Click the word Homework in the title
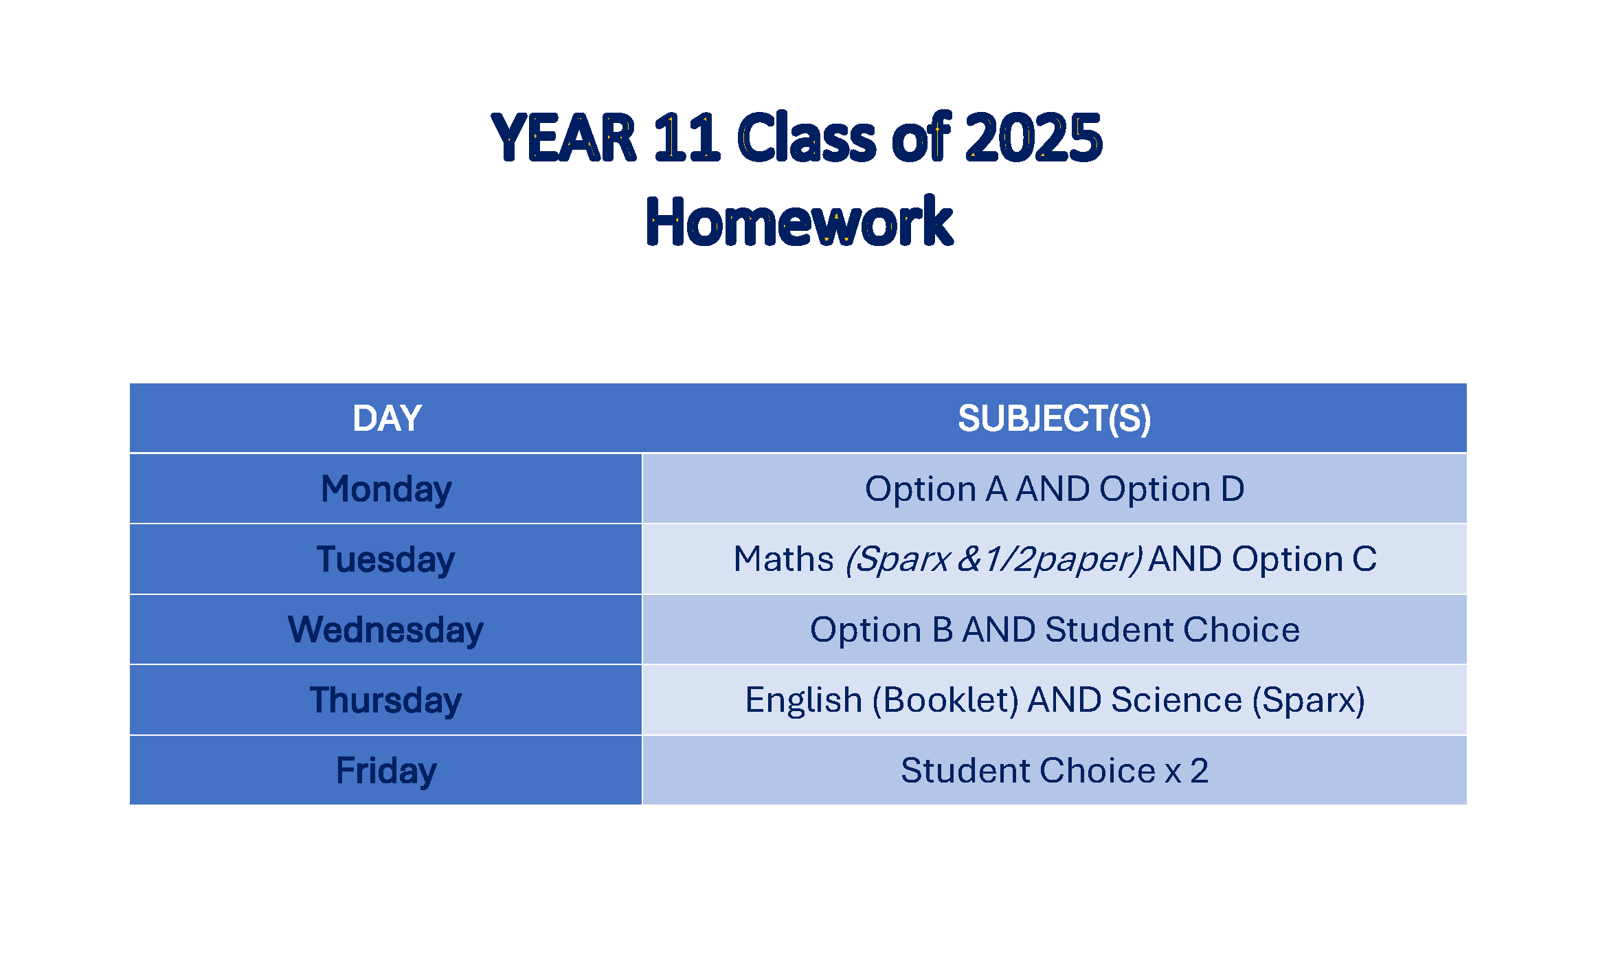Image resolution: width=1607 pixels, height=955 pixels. tap(799, 222)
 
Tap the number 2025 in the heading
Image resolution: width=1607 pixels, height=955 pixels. tap(1033, 138)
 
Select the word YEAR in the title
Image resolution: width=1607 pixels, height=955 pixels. tap(563, 138)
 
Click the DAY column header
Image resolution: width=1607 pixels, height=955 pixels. tap(387, 418)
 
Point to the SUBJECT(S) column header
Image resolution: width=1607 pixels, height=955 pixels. tap(1054, 418)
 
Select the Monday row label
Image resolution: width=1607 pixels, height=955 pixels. tap(386, 489)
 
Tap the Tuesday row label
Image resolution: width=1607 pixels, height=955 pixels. tap(385, 559)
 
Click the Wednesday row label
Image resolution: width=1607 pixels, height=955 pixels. tap(385, 630)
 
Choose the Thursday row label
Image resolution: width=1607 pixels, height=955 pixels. tap(385, 700)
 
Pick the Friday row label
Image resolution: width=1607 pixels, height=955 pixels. tap(386, 771)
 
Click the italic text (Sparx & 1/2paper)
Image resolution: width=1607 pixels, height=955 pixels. tap(993, 559)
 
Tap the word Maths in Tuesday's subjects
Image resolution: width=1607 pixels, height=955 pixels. tap(783, 559)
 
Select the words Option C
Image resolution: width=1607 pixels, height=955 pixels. tap(1304, 559)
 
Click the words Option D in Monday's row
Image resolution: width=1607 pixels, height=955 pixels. tap(1171, 489)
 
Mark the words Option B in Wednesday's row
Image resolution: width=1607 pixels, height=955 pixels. tap(881, 630)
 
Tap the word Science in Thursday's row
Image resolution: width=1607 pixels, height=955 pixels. tap(1176, 700)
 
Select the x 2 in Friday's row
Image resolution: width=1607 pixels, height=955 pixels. tap(1187, 771)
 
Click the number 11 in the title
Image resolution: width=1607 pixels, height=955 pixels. tap(686, 138)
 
